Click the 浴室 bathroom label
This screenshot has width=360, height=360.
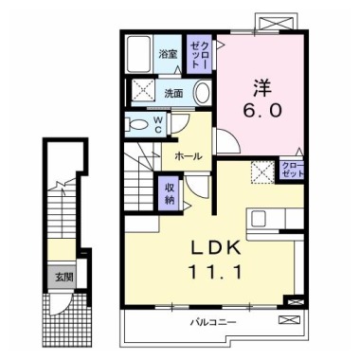pyautogui.click(x=167, y=53)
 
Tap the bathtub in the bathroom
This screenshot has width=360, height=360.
pyautogui.click(x=139, y=55)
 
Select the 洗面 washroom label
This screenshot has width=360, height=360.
pyautogui.click(x=173, y=93)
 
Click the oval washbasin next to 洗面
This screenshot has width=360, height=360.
pyautogui.click(x=203, y=93)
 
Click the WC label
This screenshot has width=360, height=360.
pyautogui.click(x=158, y=124)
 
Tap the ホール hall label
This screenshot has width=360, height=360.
pyautogui.click(x=187, y=156)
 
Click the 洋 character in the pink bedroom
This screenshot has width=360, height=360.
pyautogui.click(x=262, y=87)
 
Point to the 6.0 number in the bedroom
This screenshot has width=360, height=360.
pyautogui.click(x=262, y=110)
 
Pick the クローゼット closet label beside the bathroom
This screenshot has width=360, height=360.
pyautogui.click(x=199, y=53)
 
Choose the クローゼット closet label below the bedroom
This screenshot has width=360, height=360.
pyautogui.click(x=293, y=171)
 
